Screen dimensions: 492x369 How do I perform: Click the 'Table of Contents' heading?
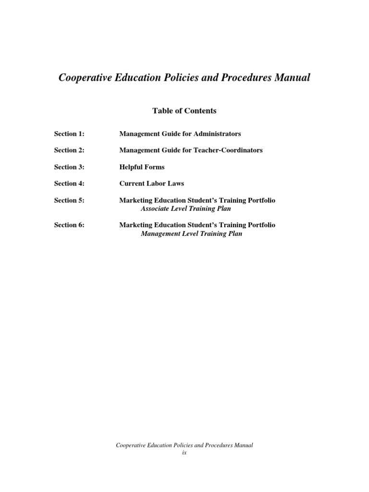click(184, 111)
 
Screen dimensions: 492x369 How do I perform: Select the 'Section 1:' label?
click(69, 134)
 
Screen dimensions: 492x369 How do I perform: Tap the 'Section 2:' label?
click(69, 150)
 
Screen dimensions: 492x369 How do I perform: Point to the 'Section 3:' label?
click(69, 167)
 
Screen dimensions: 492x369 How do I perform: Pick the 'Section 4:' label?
click(69, 184)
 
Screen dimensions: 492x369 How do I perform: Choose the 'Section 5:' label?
click(69, 200)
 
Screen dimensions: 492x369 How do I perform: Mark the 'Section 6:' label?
click(69, 225)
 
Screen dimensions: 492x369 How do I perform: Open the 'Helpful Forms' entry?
click(142, 167)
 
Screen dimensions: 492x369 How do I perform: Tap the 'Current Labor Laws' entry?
click(151, 184)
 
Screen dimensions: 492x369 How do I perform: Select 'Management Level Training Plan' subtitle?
click(191, 234)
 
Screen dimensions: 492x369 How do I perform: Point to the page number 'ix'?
click(184, 453)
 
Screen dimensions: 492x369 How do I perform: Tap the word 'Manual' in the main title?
click(293, 78)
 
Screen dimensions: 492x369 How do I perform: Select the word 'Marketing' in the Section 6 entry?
click(135, 225)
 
